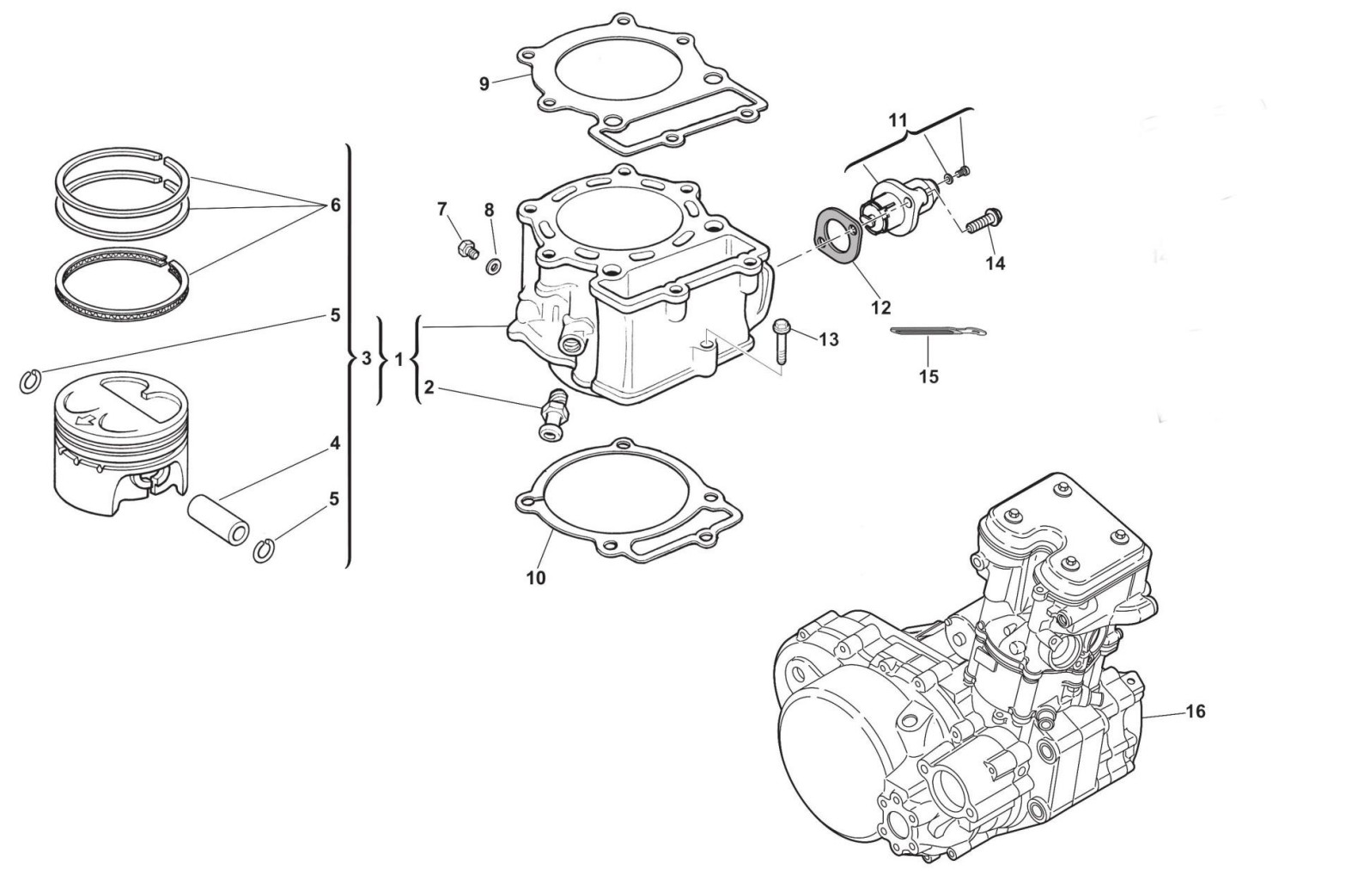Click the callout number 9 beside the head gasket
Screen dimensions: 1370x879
point(484,84)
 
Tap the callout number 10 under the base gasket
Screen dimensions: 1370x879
point(536,578)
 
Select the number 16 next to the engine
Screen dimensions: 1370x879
point(1196,711)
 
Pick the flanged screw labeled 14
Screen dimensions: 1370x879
point(984,222)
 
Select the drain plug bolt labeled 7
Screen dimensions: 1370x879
point(466,249)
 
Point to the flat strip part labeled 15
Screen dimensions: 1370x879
point(938,332)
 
